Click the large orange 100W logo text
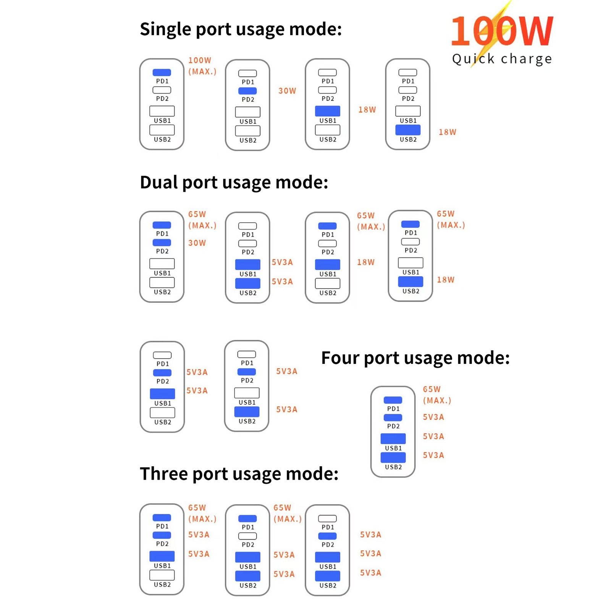502,31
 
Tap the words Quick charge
502,59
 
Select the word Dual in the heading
158,182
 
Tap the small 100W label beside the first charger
199,60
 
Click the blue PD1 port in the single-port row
162,72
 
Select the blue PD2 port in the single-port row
247,91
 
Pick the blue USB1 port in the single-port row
328,111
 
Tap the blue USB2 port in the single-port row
408,130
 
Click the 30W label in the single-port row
287,91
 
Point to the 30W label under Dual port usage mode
197,243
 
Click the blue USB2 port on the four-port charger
393,457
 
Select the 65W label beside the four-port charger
432,389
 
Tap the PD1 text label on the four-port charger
393,409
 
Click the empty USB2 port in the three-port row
162,575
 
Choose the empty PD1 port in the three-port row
327,519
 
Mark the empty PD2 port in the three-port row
247,536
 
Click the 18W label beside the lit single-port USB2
447,132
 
